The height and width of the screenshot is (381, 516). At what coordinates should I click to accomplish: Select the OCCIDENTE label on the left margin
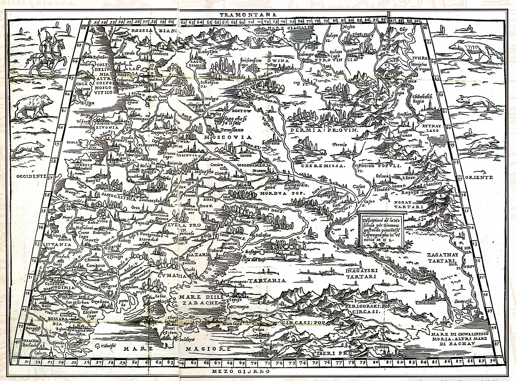[x=29, y=177]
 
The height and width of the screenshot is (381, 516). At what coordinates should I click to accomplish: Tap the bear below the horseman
[x=33, y=106]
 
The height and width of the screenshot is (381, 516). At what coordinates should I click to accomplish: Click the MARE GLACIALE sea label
[x=286, y=28]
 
